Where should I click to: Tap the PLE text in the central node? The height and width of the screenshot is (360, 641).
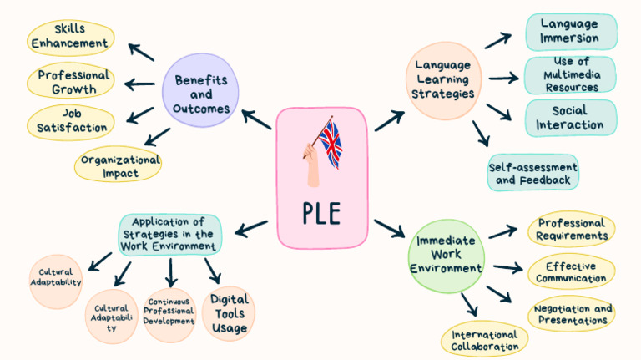click(321, 212)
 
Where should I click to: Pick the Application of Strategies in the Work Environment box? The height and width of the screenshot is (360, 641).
click(170, 235)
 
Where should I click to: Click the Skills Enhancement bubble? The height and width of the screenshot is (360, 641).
click(70, 36)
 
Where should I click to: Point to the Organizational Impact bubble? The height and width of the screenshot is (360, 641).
click(118, 165)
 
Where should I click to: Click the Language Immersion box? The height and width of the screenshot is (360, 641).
click(571, 32)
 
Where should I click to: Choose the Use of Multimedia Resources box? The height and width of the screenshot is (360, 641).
click(571, 75)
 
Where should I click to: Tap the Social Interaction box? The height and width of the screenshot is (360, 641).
click(571, 118)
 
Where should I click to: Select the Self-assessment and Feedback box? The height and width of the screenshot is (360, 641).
click(533, 172)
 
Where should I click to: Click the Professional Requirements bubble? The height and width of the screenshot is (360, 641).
click(572, 229)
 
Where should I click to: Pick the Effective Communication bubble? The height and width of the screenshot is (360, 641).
click(572, 272)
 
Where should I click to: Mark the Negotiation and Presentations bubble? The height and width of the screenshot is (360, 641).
click(572, 314)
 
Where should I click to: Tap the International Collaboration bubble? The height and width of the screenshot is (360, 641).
click(484, 339)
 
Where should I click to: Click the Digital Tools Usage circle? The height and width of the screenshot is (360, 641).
click(229, 314)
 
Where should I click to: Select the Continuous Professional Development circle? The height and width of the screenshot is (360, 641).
click(169, 314)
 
